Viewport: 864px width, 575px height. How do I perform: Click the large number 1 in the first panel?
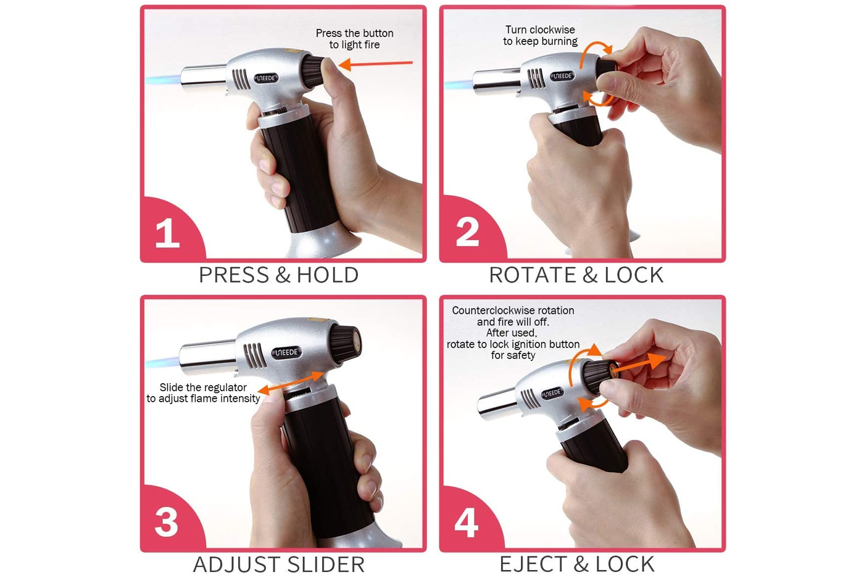click(167, 233)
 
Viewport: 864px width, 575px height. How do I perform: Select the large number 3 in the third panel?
click(166, 523)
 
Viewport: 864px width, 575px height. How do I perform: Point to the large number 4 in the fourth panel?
click(467, 523)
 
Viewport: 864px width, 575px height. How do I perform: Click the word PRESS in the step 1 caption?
click(234, 275)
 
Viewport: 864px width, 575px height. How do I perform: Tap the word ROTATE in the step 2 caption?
click(533, 275)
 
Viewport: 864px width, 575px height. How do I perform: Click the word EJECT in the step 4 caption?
click(534, 564)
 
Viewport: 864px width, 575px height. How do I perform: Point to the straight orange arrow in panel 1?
click(375, 64)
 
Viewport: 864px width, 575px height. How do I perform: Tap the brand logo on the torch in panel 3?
click(286, 352)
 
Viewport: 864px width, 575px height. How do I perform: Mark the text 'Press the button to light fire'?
click(354, 39)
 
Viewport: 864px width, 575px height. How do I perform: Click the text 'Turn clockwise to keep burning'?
click(540, 36)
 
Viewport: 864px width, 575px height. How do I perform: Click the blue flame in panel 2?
click(459, 85)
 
